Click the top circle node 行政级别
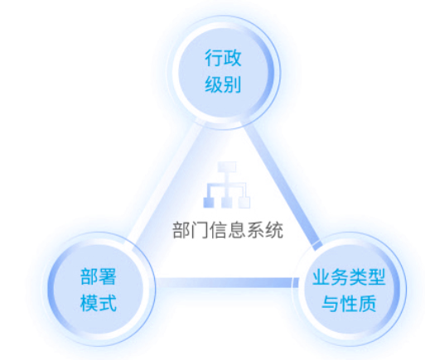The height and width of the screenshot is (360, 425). point(224,72)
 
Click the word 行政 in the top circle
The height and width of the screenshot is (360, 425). point(223,58)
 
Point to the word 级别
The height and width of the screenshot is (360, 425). point(223,84)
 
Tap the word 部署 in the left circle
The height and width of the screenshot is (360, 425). point(99,276)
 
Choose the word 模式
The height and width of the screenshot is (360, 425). point(99,303)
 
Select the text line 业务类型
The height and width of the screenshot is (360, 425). point(349,277)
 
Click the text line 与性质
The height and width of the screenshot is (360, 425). point(349,303)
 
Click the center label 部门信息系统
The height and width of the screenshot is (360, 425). point(228,230)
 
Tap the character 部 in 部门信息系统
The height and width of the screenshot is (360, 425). point(181,230)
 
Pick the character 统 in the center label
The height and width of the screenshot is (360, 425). point(274,230)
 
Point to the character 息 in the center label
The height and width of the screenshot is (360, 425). point(237,230)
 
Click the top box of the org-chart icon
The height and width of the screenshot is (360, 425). point(227,166)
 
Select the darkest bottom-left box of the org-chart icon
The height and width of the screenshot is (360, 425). point(209,203)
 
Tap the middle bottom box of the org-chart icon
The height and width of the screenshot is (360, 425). point(227,203)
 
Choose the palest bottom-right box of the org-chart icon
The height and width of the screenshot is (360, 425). point(244,203)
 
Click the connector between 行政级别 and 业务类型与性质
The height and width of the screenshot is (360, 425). point(283,185)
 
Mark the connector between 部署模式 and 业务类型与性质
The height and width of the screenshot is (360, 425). point(225,282)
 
